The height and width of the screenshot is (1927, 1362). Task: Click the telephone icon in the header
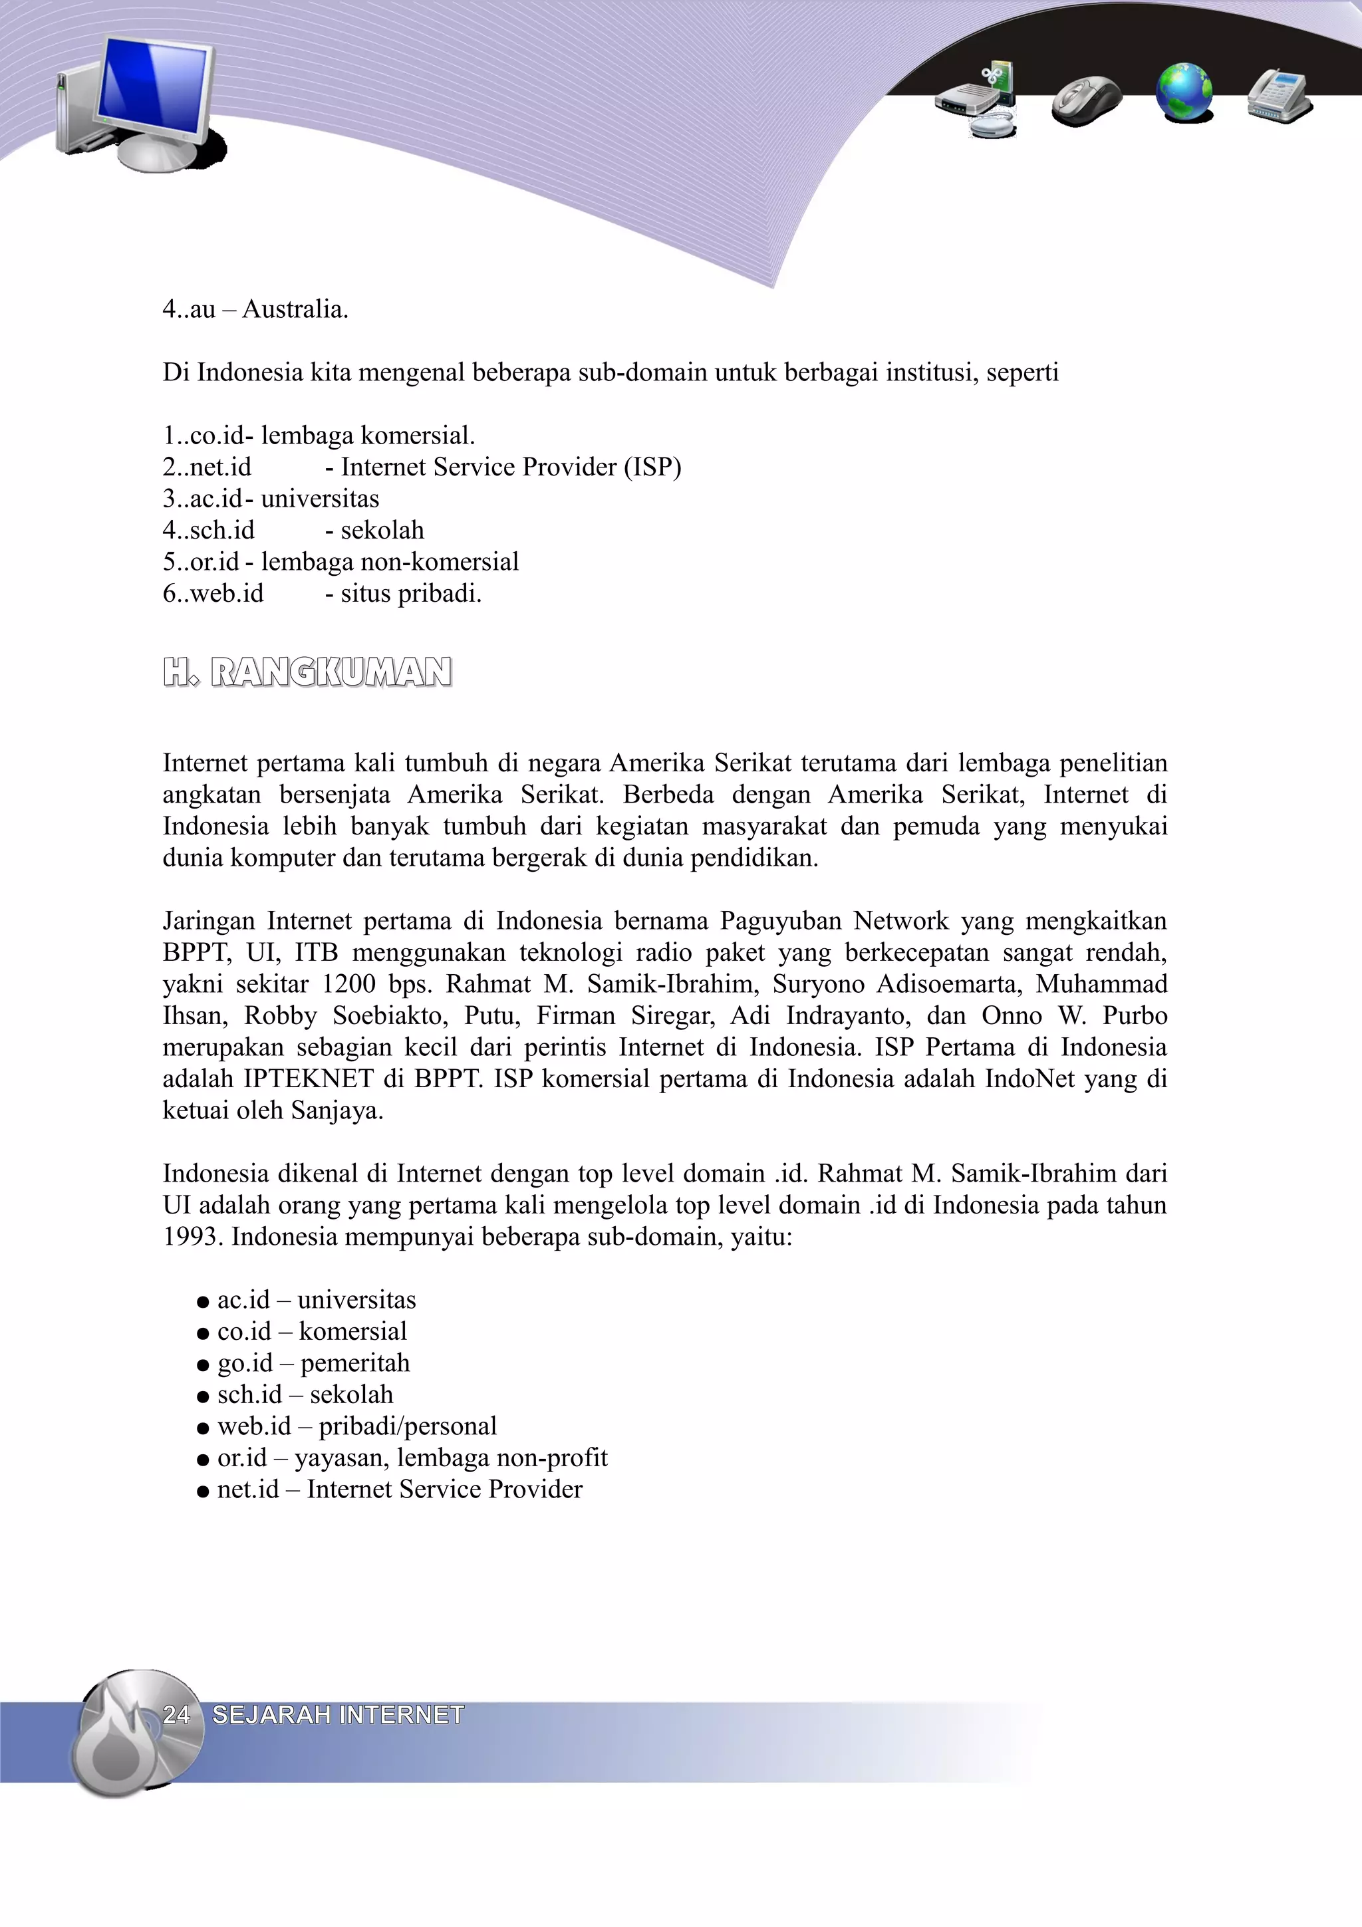click(1279, 96)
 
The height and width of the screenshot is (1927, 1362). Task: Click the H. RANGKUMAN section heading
click(307, 672)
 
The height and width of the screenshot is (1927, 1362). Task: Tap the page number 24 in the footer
click(176, 1715)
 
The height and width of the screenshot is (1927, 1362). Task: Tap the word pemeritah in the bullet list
click(355, 1363)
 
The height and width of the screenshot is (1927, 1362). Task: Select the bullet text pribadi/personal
click(408, 1426)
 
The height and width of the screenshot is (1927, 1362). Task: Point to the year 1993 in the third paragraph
click(192, 1237)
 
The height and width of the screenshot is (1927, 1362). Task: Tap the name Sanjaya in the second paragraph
click(337, 1110)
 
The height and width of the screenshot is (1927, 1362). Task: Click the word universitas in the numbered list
click(320, 499)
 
